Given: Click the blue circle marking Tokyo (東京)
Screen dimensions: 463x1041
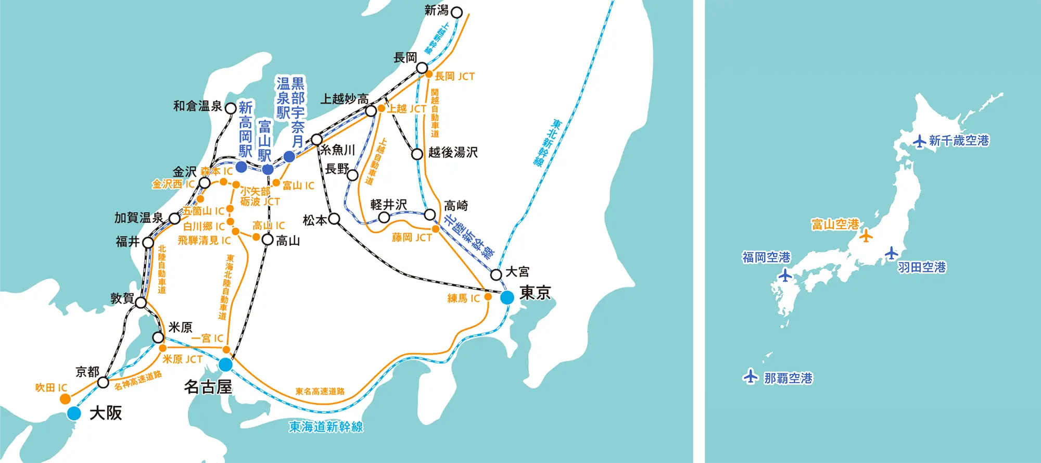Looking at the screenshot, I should pos(507,297).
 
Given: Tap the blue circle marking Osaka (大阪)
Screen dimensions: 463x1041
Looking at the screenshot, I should pos(74,414).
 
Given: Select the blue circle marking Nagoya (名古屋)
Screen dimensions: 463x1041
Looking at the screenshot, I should pos(225,365).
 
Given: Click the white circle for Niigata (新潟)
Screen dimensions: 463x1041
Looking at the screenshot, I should pos(456,12).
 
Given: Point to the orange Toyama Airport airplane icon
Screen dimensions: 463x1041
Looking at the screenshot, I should pos(866,235).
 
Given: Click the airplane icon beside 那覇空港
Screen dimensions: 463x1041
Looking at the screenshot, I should pos(750,376).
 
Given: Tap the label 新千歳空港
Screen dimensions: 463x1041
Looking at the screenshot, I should pos(959,141).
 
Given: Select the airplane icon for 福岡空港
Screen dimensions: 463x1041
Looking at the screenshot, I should pos(785,274).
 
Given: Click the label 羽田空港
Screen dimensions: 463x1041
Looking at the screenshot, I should pos(922,267).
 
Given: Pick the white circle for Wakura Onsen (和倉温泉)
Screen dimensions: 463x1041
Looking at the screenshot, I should pos(231,108).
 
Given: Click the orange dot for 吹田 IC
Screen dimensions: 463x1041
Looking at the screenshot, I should pos(65,399).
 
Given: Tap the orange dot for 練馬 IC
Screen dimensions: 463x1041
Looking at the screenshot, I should pos(488,297).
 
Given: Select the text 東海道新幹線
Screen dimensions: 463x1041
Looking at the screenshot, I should pos(326,427).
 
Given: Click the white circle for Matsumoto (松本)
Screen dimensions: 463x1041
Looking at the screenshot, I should pos(335,219).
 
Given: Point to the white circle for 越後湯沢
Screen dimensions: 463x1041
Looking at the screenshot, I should pos(417,154).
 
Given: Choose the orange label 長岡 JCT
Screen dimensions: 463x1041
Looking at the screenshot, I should pos(454,77).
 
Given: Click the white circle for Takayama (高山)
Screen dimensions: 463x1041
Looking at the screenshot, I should pos(267,240).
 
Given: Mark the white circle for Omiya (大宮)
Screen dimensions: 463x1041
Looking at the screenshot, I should pos(496,274).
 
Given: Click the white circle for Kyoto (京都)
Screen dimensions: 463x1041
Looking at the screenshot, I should pos(103,383).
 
